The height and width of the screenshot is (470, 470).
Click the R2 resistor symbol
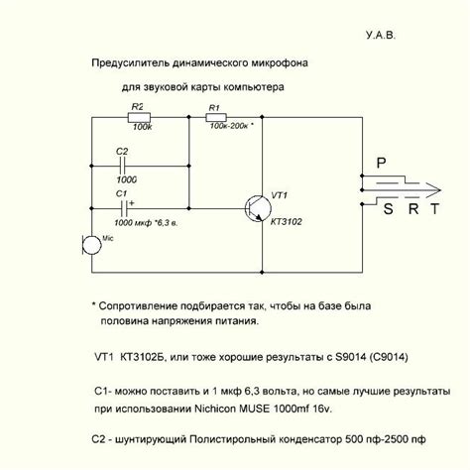[140, 116]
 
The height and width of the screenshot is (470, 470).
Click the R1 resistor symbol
[216, 116]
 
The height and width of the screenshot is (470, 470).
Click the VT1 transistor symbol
[257, 207]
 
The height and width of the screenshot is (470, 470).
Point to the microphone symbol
[88, 244]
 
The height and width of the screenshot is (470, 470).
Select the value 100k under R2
[142, 128]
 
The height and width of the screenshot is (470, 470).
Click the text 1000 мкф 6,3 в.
[148, 221]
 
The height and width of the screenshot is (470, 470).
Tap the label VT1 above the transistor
[281, 194]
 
